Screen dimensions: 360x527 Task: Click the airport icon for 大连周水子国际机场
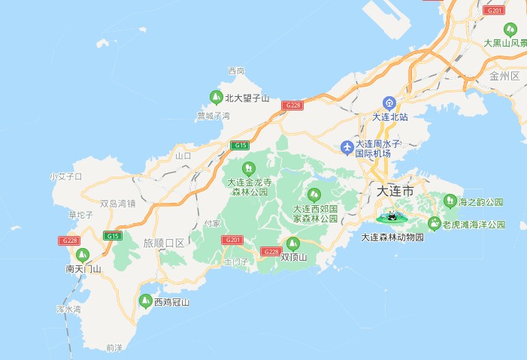click(347, 146)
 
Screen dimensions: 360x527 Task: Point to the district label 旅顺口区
click(164, 243)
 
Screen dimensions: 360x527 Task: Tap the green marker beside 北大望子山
click(215, 97)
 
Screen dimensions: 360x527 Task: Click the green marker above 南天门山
click(83, 254)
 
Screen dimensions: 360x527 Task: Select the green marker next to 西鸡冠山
click(145, 301)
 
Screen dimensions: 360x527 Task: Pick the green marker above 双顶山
click(293, 244)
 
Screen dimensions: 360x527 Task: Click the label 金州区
click(504, 77)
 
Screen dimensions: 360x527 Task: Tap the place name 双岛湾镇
click(117, 203)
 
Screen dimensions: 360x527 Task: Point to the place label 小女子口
click(65, 177)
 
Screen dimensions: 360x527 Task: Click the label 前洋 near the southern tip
click(114, 347)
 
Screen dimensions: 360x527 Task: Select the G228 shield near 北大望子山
click(292, 106)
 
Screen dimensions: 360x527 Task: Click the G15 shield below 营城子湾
click(241, 145)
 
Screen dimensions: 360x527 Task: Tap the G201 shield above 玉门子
click(231, 240)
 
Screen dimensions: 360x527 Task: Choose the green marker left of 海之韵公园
click(450, 201)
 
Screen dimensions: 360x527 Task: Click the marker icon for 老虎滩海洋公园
click(434, 223)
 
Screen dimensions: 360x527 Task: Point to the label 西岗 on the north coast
click(236, 71)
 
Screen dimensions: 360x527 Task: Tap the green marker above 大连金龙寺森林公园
click(248, 168)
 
